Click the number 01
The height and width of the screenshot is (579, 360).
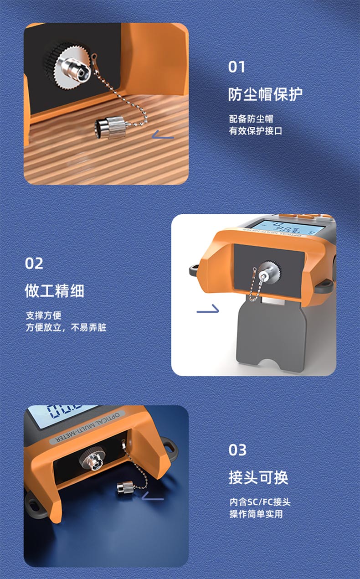click(237, 67)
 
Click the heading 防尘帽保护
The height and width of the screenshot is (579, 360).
click(265, 94)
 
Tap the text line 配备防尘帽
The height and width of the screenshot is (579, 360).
click(251, 119)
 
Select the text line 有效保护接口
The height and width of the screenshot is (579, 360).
click(255, 131)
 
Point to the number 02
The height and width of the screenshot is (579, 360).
click(34, 264)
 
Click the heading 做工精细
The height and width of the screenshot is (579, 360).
click(55, 291)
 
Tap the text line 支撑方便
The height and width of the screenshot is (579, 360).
click(43, 315)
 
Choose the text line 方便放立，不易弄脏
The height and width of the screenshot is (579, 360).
click(66, 327)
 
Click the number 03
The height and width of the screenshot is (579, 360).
click(237, 450)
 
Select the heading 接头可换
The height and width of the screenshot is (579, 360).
click(258, 477)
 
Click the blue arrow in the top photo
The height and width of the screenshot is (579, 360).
click(163, 134)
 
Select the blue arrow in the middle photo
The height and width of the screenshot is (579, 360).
click(208, 309)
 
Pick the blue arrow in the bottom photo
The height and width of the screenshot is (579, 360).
click(153, 496)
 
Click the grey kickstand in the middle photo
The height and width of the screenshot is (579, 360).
click(272, 336)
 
